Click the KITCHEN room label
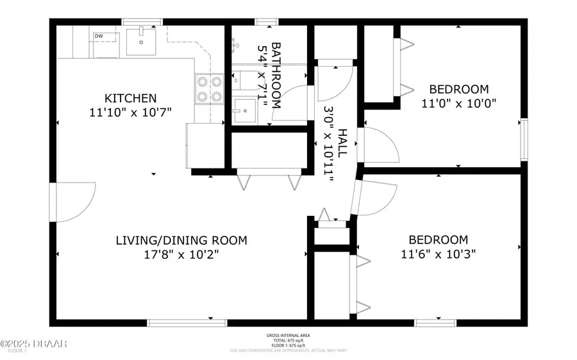point(131,98)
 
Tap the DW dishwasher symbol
point(99,37)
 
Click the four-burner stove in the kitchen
point(209,89)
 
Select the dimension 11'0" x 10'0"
point(459,102)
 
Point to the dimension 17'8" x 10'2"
point(181,254)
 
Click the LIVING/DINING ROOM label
point(181,240)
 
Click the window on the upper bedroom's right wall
point(524,139)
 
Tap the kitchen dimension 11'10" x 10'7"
point(131,112)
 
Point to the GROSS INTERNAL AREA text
point(288,336)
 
